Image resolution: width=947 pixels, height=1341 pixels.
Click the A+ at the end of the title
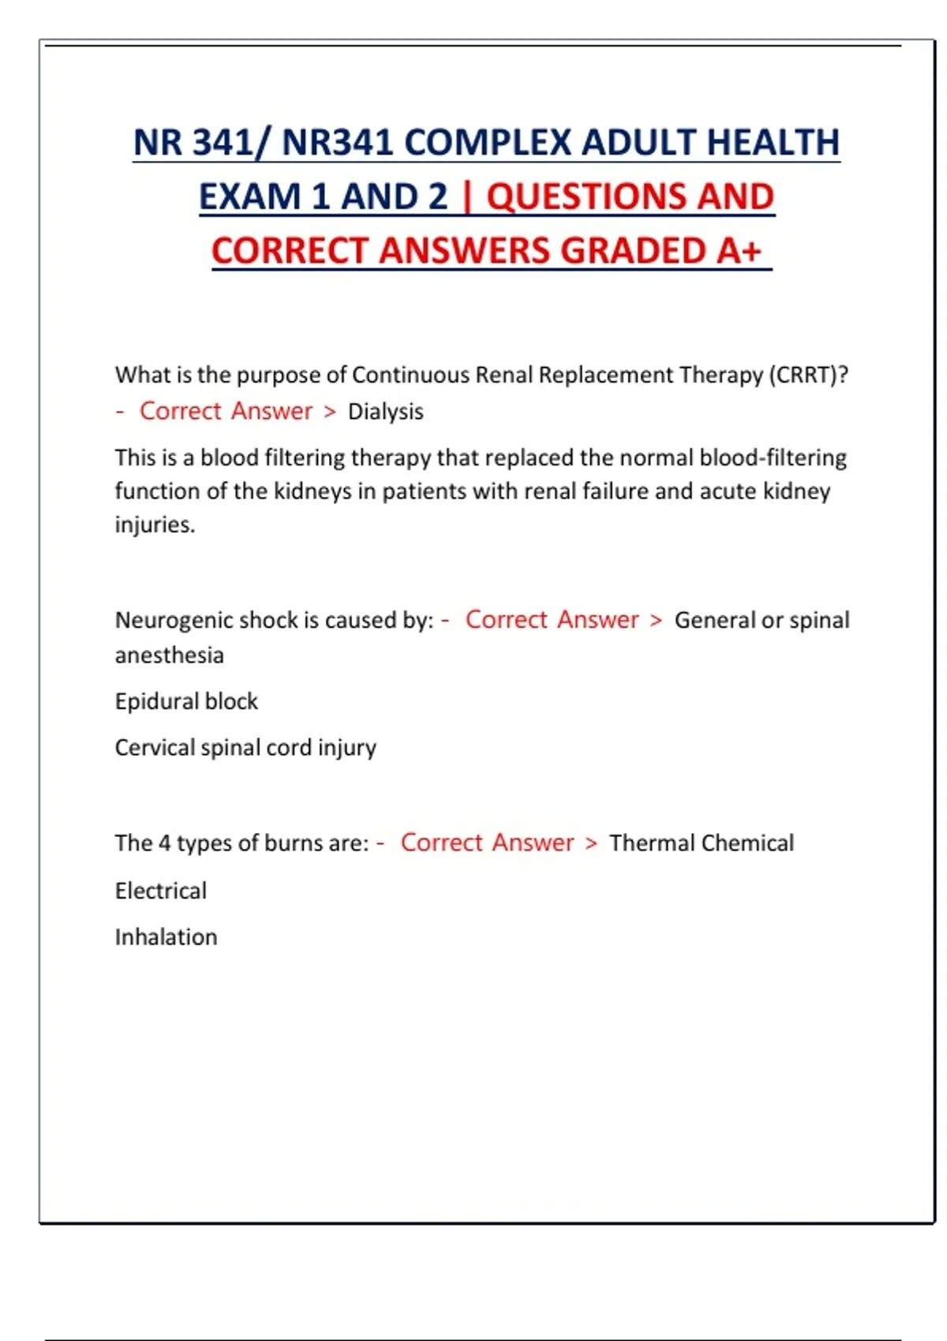739,251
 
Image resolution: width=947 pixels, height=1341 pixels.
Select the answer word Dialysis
385,412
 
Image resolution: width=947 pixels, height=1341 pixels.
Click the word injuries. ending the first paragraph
155,525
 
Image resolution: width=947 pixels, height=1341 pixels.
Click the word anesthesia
169,656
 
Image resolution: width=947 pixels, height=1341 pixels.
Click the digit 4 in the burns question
164,843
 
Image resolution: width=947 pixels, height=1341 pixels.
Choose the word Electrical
161,891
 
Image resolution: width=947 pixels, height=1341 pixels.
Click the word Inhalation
166,937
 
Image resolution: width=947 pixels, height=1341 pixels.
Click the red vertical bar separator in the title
467,197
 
